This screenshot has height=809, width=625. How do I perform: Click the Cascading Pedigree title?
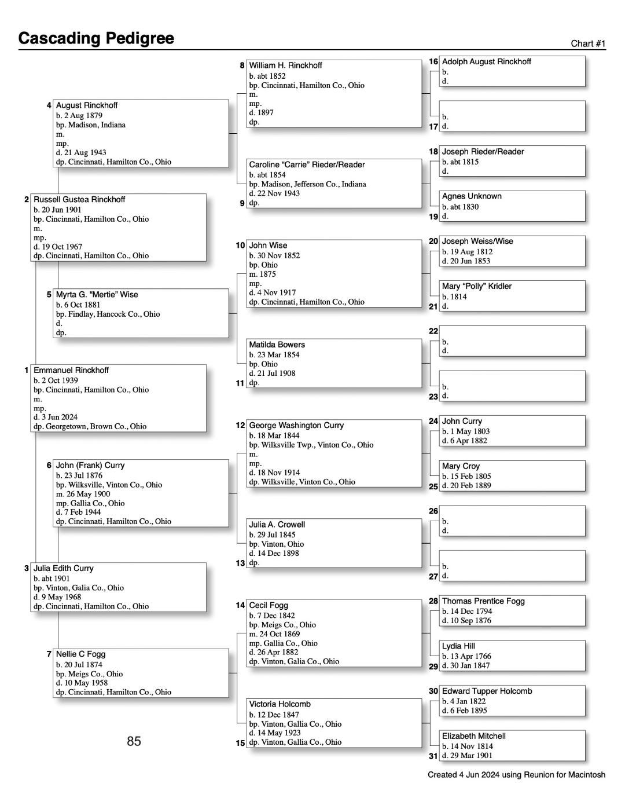(96, 38)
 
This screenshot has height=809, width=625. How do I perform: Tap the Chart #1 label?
(588, 44)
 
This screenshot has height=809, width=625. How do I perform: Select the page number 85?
(134, 741)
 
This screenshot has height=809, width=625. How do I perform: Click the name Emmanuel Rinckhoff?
(71, 370)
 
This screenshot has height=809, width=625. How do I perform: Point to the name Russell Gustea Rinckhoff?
(79, 199)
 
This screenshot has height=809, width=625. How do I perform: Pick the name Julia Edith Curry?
(64, 568)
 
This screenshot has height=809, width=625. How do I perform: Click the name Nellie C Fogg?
(80, 654)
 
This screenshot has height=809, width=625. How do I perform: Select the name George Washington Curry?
(296, 425)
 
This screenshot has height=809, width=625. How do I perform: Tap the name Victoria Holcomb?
(280, 704)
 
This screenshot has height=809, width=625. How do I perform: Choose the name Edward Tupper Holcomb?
(487, 691)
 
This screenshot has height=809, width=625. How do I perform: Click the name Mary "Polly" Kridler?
(476, 286)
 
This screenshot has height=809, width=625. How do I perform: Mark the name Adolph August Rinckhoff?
(486, 61)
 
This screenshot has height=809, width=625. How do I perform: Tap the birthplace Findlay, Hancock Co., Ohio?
(108, 314)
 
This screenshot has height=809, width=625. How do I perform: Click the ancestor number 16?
(433, 61)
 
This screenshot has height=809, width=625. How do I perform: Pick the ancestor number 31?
(433, 756)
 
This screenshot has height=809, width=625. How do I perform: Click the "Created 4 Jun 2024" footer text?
(516, 775)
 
